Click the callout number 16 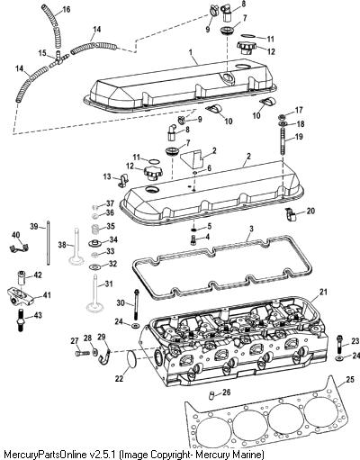click(x=66, y=10)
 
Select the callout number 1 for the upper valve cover click(x=191, y=51)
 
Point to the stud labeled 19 click(x=282, y=141)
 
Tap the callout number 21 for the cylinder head click(x=323, y=292)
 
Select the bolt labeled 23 click(x=339, y=344)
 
